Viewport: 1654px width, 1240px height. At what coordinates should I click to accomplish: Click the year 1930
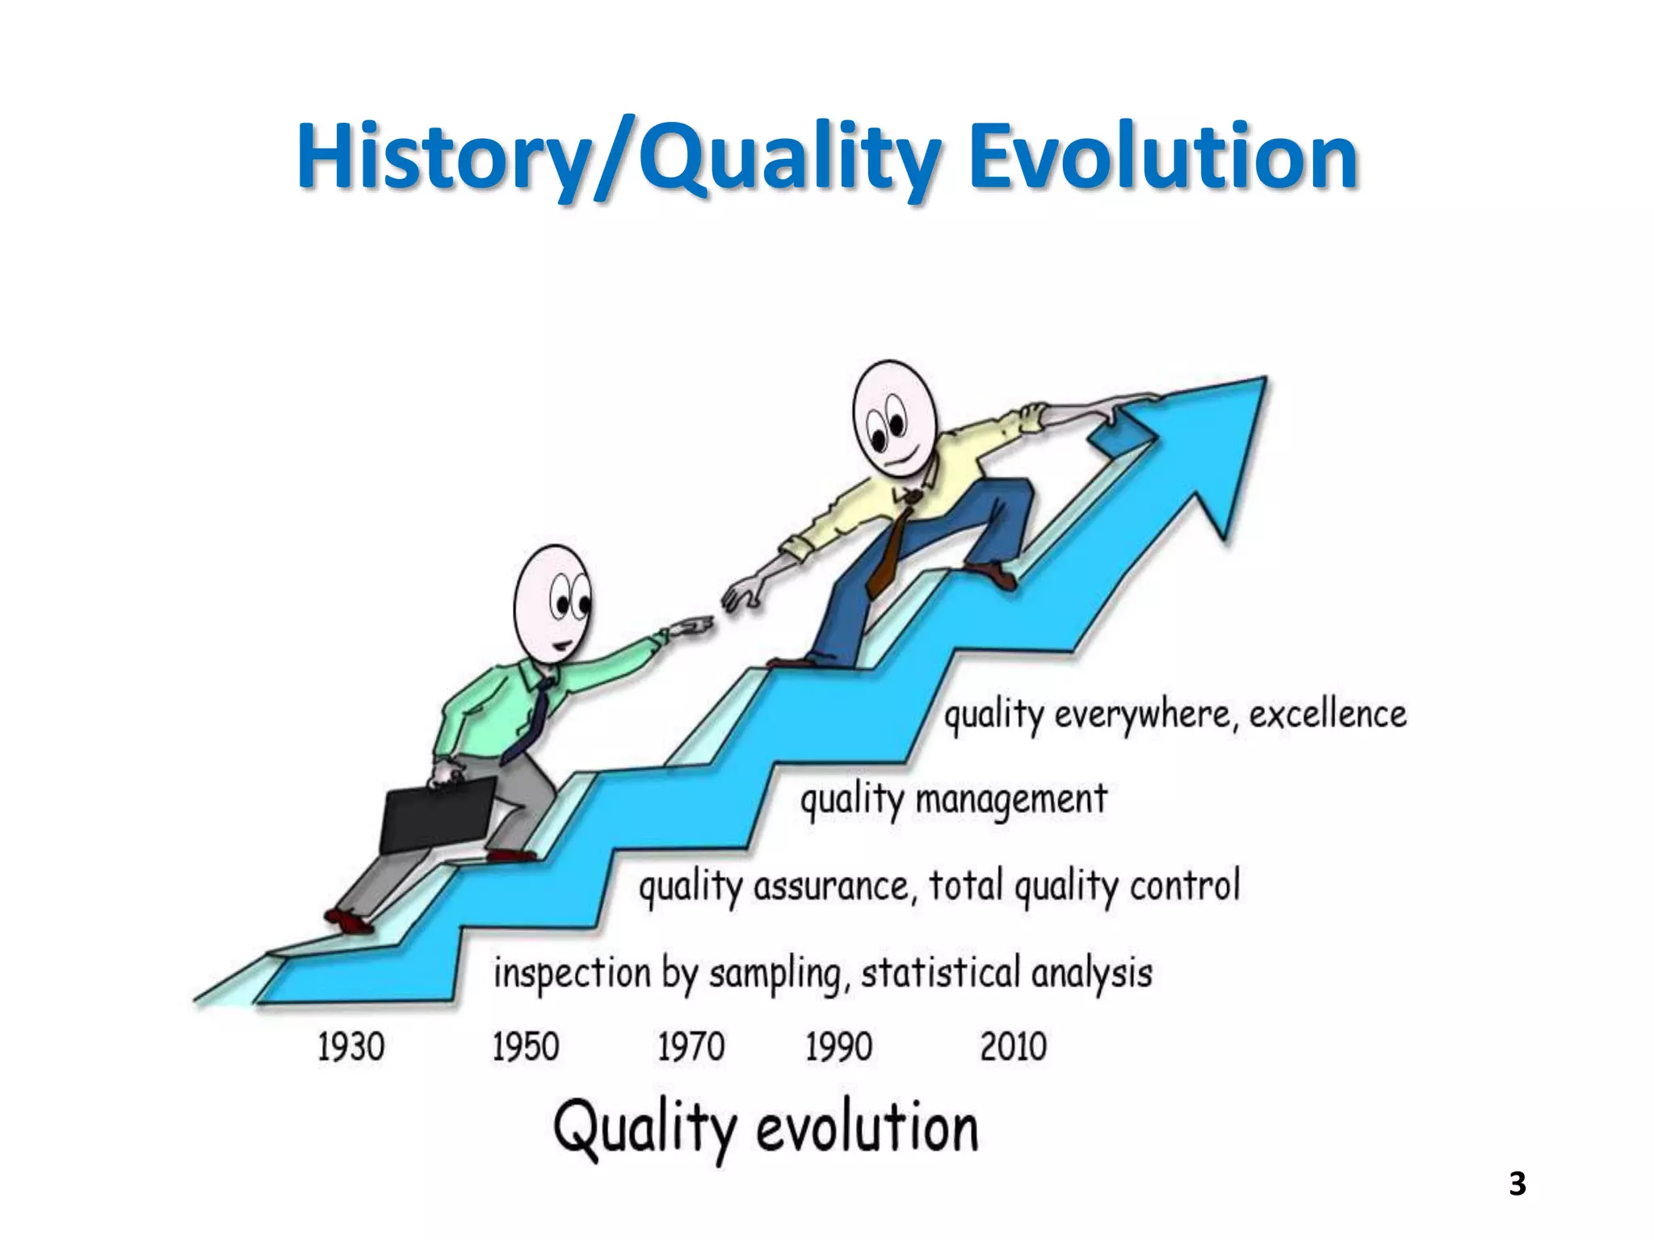coord(351,1047)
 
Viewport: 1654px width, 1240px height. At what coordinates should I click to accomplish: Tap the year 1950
coord(525,1047)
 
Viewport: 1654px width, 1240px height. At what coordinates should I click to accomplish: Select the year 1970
coord(691,1047)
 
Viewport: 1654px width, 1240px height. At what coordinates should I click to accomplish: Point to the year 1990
coord(838,1047)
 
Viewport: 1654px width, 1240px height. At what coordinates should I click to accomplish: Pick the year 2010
coord(1014,1047)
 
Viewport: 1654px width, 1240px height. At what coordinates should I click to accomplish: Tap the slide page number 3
coord(1517,1183)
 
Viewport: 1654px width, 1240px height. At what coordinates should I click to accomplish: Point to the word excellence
coord(1328,714)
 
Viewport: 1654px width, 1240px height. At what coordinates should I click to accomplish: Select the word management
coord(1010,800)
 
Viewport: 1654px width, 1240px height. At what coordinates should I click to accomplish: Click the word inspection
coord(572,973)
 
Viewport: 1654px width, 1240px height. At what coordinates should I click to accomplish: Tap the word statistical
coord(940,972)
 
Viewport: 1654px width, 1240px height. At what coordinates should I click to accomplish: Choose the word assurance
coord(832,886)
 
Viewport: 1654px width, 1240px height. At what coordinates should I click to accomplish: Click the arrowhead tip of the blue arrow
coord(1263,379)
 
